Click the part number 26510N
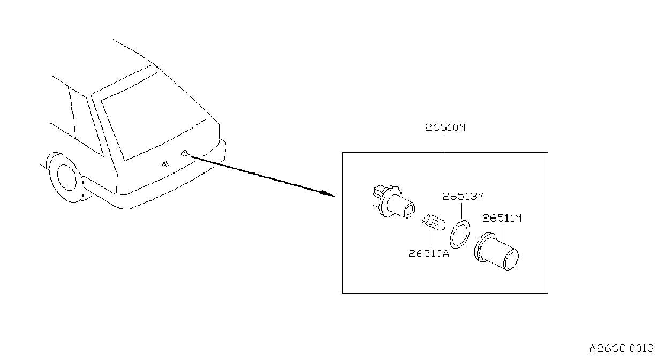(x=445, y=127)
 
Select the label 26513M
(x=463, y=196)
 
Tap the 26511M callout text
(x=502, y=218)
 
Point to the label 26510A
(x=429, y=253)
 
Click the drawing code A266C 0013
(x=621, y=349)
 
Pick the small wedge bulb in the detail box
(x=433, y=222)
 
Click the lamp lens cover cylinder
(x=496, y=251)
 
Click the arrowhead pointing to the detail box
(x=328, y=193)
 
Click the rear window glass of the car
(x=153, y=116)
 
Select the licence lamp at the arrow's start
(x=185, y=153)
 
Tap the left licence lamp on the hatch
(x=165, y=164)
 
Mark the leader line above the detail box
(x=445, y=144)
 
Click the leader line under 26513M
(x=461, y=211)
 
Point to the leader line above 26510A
(x=429, y=238)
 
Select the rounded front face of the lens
(x=511, y=260)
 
